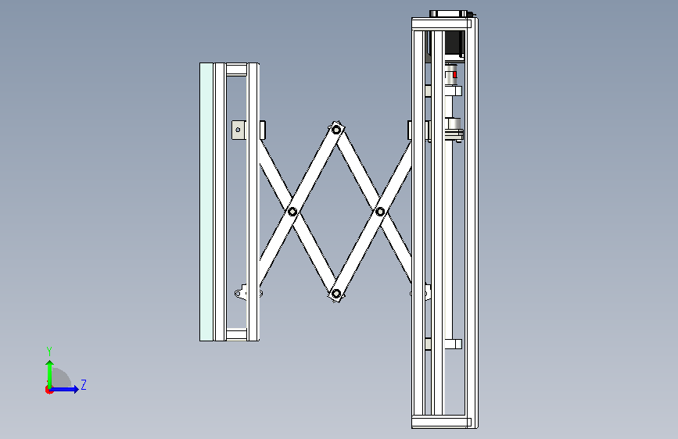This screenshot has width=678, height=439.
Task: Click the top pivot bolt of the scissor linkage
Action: click(x=336, y=129)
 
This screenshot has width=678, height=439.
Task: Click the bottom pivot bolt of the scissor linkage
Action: click(x=336, y=294)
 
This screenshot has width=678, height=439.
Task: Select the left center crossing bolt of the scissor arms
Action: click(x=292, y=212)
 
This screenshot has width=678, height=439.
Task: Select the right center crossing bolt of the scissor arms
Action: click(x=380, y=212)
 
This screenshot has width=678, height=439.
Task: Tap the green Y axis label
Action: click(x=49, y=351)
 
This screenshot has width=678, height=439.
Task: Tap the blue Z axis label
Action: click(x=84, y=384)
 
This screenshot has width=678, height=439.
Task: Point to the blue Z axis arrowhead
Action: click(x=76, y=389)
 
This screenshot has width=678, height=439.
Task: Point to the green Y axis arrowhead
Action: click(x=50, y=364)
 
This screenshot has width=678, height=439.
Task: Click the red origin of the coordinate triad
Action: click(x=48, y=390)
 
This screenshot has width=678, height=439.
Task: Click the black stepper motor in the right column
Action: click(x=454, y=44)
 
